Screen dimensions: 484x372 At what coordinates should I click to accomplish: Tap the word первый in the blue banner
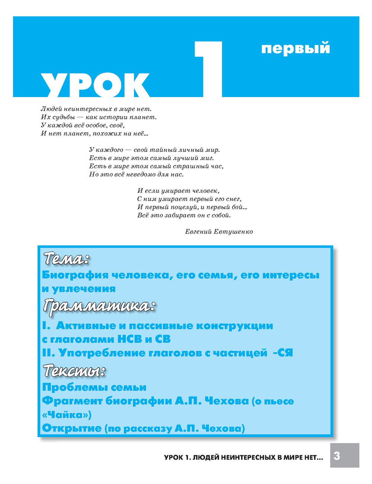coord(295,49)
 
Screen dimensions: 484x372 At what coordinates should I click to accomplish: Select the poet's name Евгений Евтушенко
coord(219,232)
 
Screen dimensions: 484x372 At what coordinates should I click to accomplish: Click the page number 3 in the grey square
coord(337,455)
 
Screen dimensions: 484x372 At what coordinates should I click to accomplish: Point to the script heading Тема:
coord(67,258)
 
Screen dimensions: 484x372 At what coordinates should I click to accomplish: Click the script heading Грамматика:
coord(99,306)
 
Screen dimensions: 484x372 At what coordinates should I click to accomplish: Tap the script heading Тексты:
coord(74,370)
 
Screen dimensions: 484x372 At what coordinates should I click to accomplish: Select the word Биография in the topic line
coord(75,276)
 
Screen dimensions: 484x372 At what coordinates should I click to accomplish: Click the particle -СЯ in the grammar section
coord(283,353)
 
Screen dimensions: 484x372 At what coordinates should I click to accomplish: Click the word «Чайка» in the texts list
coord(67,414)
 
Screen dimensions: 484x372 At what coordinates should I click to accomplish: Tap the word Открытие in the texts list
coord(72,428)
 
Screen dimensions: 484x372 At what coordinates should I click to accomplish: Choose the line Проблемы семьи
coord(94,388)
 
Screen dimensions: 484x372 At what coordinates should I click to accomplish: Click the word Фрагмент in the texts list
coord(73,401)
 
